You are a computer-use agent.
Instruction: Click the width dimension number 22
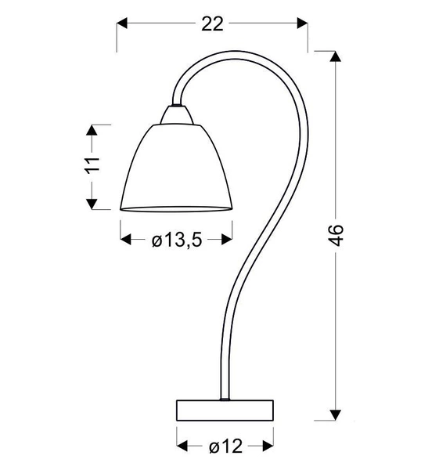[x=212, y=23]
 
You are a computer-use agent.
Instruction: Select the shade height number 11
[x=93, y=166]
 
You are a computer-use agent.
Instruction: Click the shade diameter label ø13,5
[x=177, y=240]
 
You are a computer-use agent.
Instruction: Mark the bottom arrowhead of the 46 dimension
[x=337, y=415]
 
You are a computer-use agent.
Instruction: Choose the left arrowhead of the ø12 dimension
[x=182, y=447]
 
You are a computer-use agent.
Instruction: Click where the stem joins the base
[x=226, y=399]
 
